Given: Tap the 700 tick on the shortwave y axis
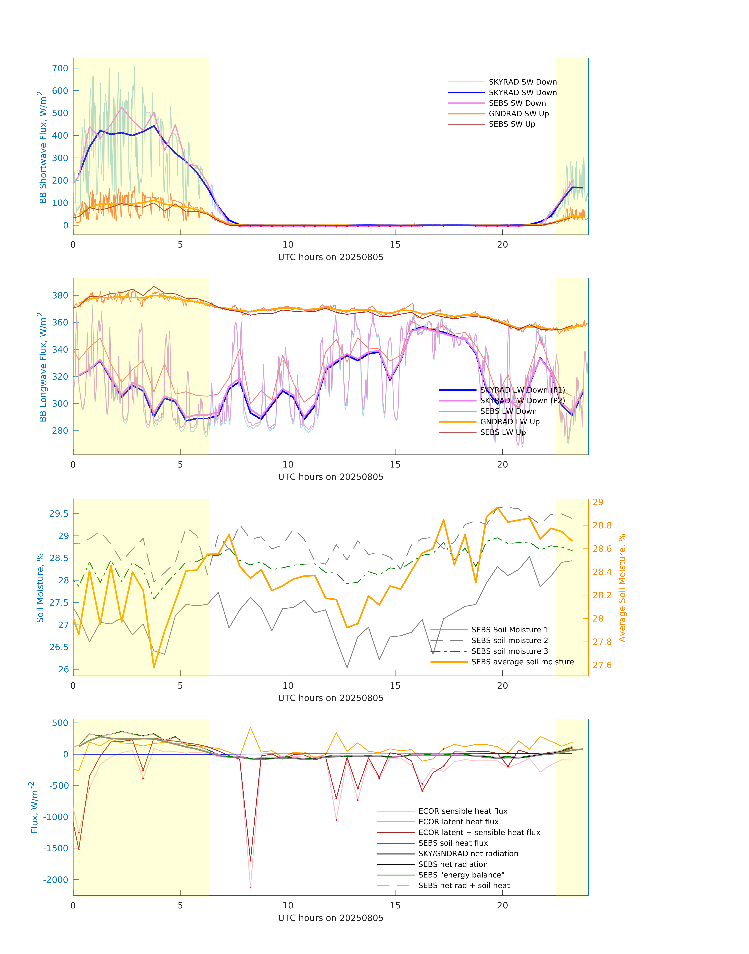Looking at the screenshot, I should [x=60, y=68].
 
